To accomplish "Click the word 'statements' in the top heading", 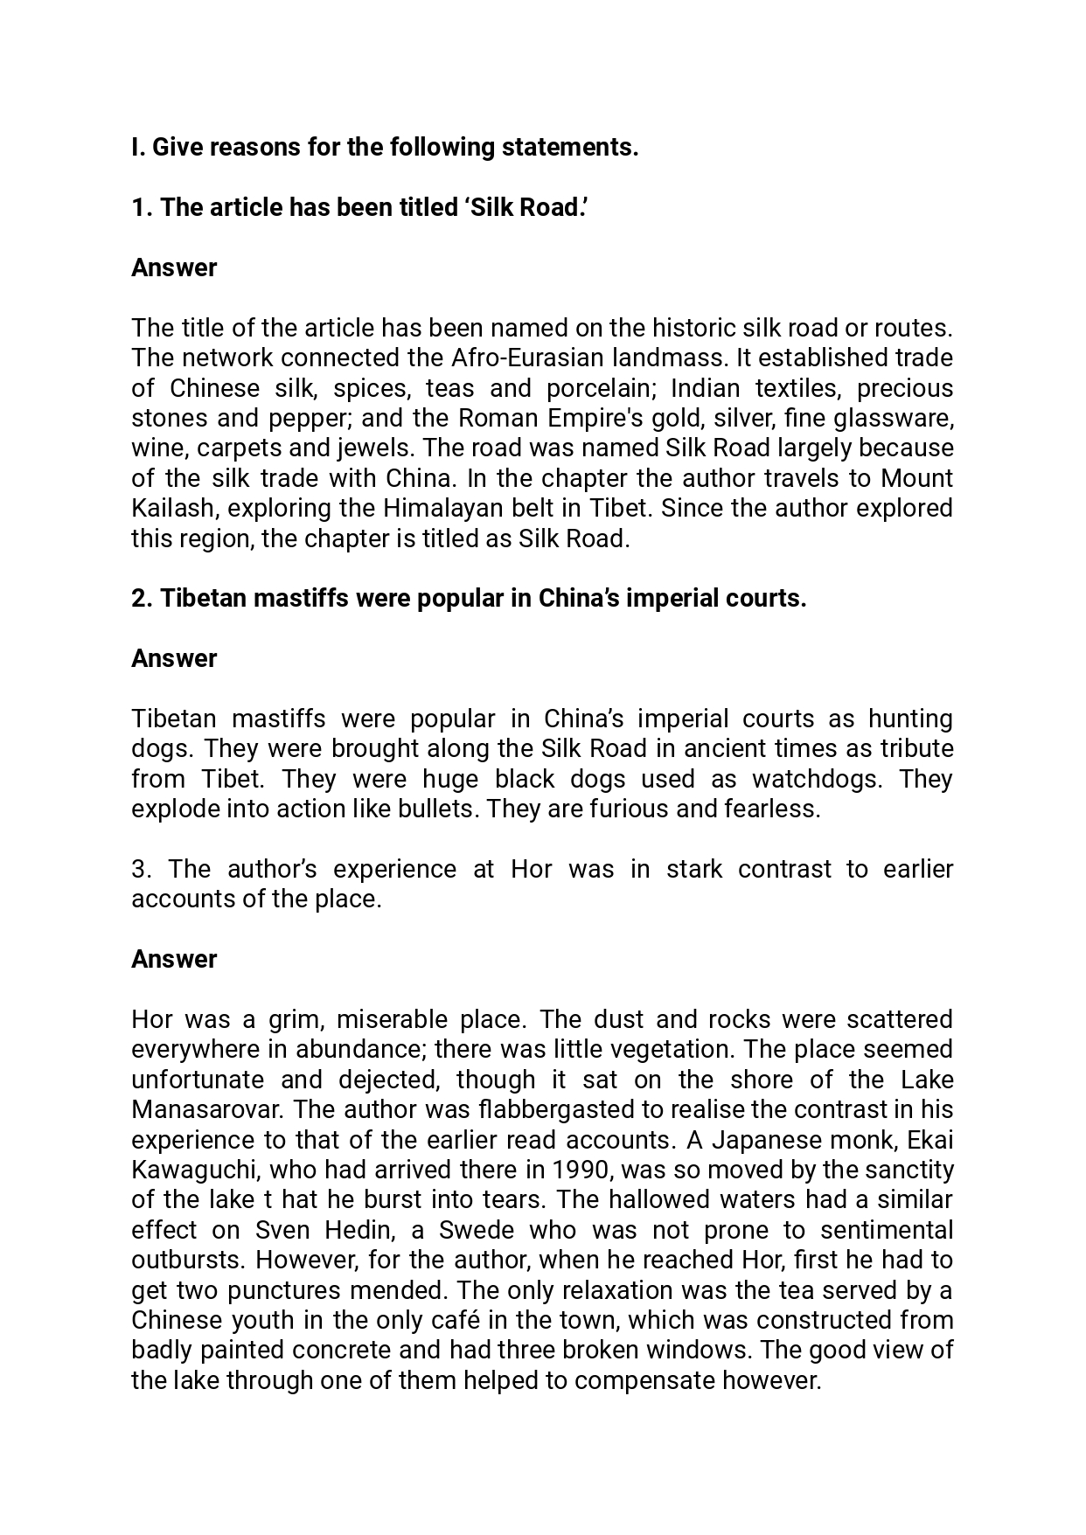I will [569, 147].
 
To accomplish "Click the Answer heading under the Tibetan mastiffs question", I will [174, 658].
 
